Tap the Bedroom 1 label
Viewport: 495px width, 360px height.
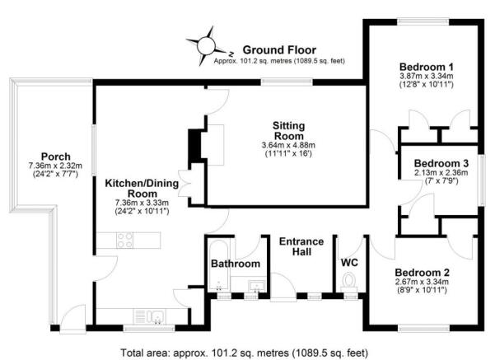(427, 66)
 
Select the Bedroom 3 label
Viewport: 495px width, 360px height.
(441, 162)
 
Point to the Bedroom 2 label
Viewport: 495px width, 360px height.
(422, 272)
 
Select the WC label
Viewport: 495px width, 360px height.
(350, 264)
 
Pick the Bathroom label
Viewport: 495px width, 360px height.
(235, 264)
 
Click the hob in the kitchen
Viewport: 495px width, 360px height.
(126, 241)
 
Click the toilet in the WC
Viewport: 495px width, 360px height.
(350, 283)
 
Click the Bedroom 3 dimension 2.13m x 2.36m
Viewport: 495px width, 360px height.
(441, 173)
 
